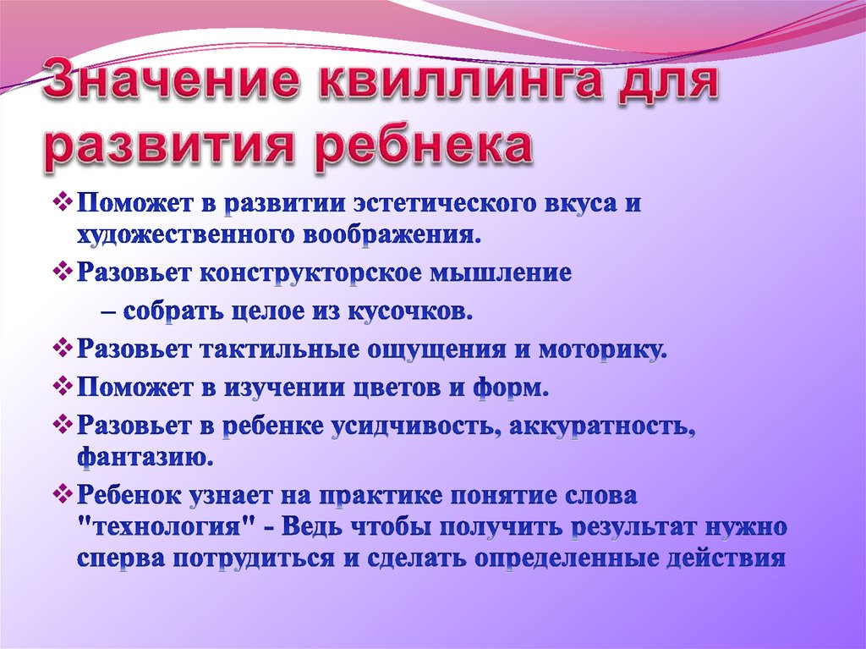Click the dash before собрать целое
point(109,311)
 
